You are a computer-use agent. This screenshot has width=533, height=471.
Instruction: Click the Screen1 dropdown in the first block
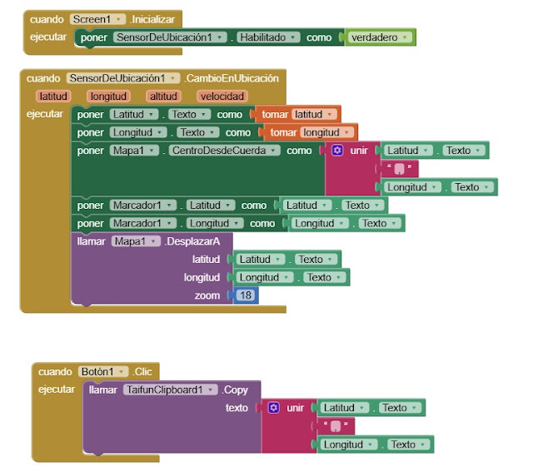point(98,18)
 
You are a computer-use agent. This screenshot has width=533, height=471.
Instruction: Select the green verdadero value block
point(380,37)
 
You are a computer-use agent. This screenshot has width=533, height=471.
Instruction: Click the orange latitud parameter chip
point(53,96)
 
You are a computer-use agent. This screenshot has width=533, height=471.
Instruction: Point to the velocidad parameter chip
point(222,96)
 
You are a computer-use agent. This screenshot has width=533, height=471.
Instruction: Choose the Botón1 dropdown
point(103,371)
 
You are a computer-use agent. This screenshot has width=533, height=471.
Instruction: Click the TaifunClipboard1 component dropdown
point(171,389)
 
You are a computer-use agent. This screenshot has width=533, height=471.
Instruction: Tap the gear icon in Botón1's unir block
point(273,408)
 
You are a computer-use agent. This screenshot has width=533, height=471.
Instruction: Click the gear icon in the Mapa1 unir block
point(337,151)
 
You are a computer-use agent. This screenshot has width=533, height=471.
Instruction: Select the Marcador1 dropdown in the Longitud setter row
point(142,223)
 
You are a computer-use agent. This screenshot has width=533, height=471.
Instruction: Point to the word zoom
point(207,295)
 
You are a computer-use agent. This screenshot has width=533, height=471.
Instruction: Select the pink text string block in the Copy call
point(336,426)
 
